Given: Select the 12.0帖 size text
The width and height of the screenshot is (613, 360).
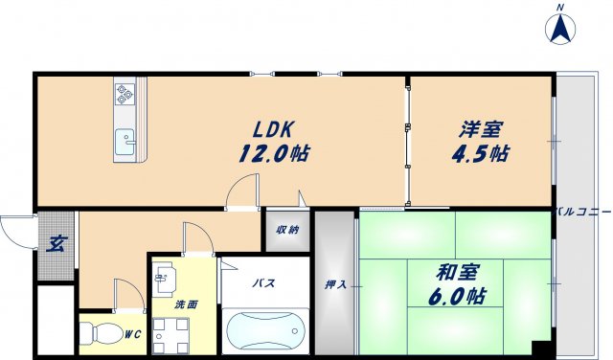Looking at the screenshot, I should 274,153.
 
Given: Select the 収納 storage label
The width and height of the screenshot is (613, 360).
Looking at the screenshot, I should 286,230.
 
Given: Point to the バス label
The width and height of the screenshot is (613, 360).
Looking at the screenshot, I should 264,284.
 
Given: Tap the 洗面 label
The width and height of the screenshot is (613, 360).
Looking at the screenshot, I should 185,305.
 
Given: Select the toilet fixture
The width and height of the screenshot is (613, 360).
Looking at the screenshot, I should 96,337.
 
